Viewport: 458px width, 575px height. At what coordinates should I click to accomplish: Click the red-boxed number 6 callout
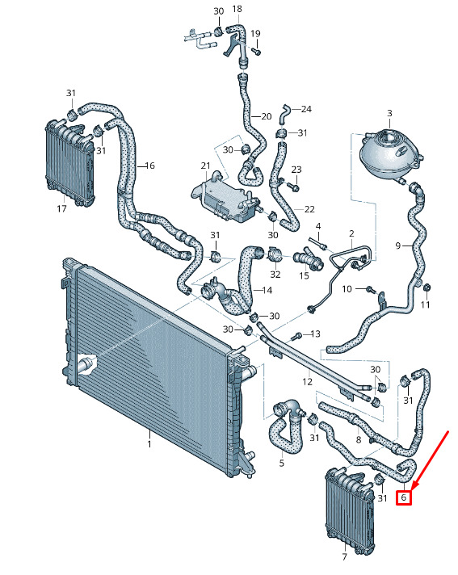click(403, 497)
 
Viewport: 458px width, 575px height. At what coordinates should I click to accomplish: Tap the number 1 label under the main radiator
click(149, 444)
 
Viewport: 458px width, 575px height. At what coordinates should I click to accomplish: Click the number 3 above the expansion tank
click(389, 113)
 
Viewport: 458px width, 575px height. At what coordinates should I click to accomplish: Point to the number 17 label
click(61, 208)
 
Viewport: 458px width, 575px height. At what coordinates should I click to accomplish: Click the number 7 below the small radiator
click(344, 556)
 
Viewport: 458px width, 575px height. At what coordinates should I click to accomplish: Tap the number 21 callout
click(205, 166)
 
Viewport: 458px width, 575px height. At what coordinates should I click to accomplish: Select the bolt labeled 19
click(257, 52)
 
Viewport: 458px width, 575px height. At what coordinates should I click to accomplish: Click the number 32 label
click(275, 274)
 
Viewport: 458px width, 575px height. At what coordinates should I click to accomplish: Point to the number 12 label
click(307, 382)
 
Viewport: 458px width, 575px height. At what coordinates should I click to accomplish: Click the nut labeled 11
click(426, 287)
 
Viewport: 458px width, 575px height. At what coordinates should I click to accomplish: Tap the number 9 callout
click(398, 246)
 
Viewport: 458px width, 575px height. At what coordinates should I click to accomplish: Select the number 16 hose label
click(150, 166)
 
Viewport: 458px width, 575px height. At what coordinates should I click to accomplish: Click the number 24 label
click(306, 109)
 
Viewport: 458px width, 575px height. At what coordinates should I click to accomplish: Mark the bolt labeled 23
click(294, 187)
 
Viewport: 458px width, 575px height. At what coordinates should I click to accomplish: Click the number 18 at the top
click(237, 8)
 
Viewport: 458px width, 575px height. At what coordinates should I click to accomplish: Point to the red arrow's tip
click(412, 489)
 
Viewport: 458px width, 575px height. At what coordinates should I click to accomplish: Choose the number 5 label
click(282, 463)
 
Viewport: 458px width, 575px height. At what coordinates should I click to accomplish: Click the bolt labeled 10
click(371, 289)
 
